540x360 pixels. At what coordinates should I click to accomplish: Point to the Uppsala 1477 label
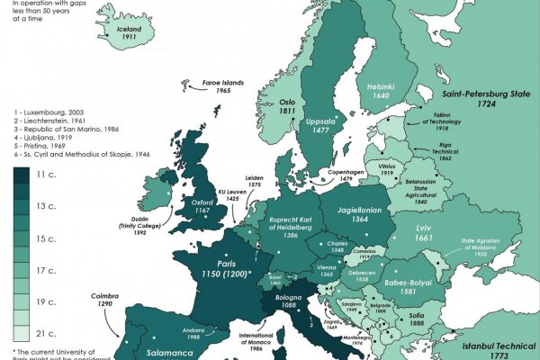tap(321, 125)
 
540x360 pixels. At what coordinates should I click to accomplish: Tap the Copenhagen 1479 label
tap(346, 175)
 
